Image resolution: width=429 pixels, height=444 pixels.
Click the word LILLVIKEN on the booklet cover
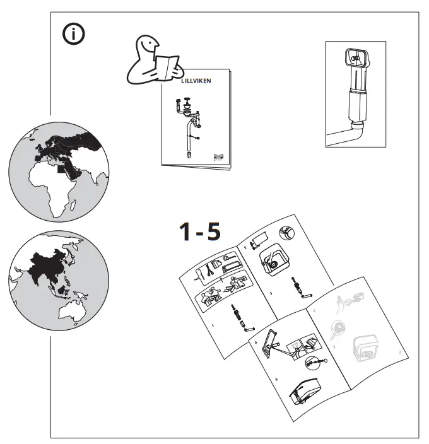[x=193, y=81]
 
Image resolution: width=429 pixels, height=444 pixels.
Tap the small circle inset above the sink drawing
[x=288, y=233]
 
